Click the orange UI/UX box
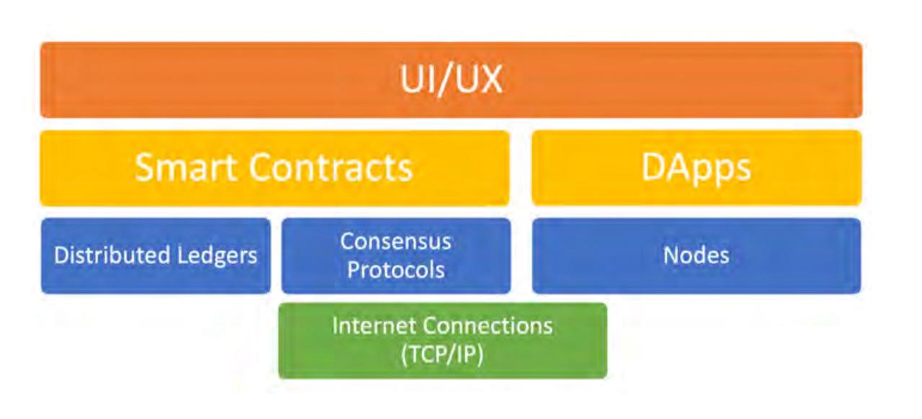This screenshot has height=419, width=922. point(451,80)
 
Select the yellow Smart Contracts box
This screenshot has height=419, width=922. point(274,168)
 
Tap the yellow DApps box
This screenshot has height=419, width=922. point(697,168)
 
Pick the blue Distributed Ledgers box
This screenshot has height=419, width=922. point(156,256)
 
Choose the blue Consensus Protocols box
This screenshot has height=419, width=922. point(396,256)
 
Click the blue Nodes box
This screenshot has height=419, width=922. point(696,256)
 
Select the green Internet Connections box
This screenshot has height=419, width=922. point(442,341)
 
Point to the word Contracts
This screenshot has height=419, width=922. point(331,167)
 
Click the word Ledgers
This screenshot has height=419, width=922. point(217,256)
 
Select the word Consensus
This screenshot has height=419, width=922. point(395,241)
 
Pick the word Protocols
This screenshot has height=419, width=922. point(395,270)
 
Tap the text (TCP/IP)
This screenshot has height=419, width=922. point(442,354)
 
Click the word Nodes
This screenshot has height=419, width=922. point(696,255)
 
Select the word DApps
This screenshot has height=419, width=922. point(697,168)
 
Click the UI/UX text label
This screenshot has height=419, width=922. point(451,79)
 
